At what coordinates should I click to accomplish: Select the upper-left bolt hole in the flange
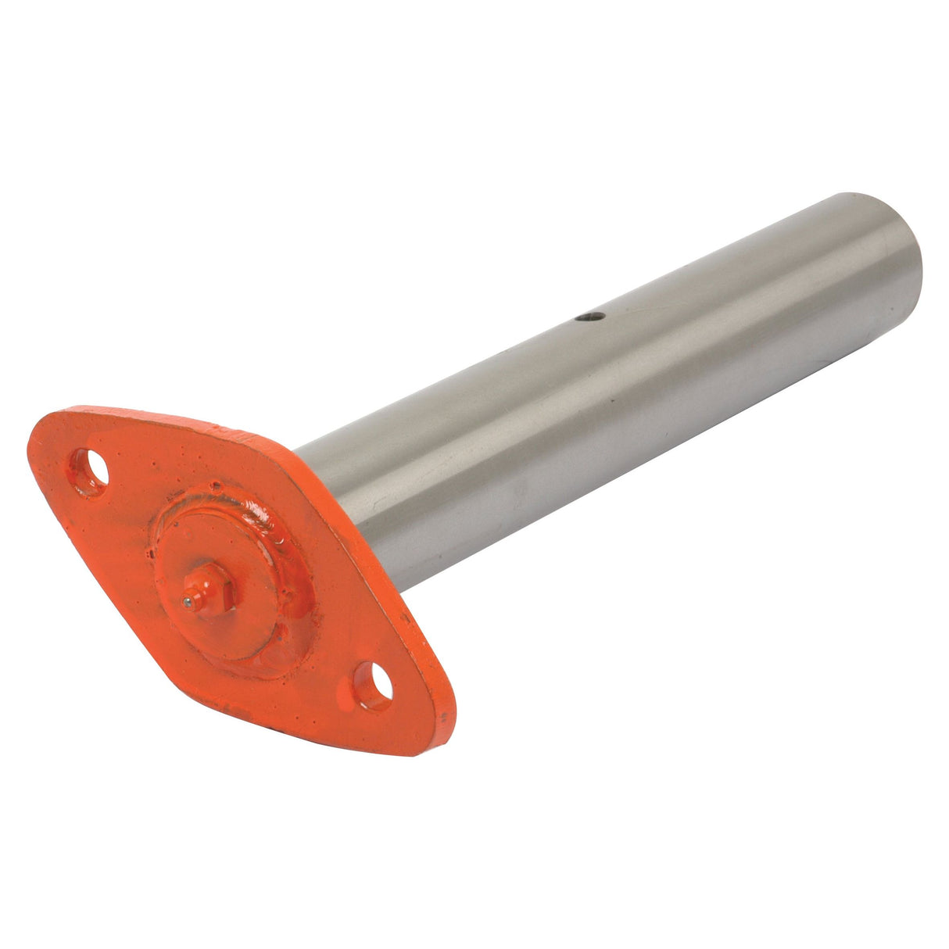[x=91, y=470]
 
